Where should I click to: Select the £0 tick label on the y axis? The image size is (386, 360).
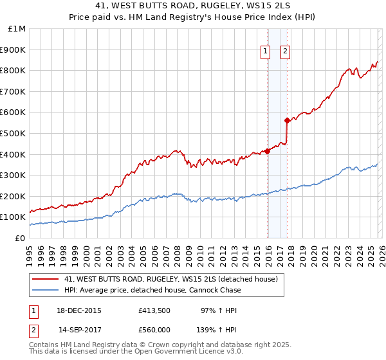coord(20,238)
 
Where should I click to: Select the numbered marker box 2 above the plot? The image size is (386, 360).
coord(285,53)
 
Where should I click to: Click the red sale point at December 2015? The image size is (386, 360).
coord(267,152)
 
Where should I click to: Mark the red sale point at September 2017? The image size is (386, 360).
coord(287,121)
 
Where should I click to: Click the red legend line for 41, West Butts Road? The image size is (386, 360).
coord(45,279)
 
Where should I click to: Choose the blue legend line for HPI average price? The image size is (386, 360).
coord(45,290)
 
